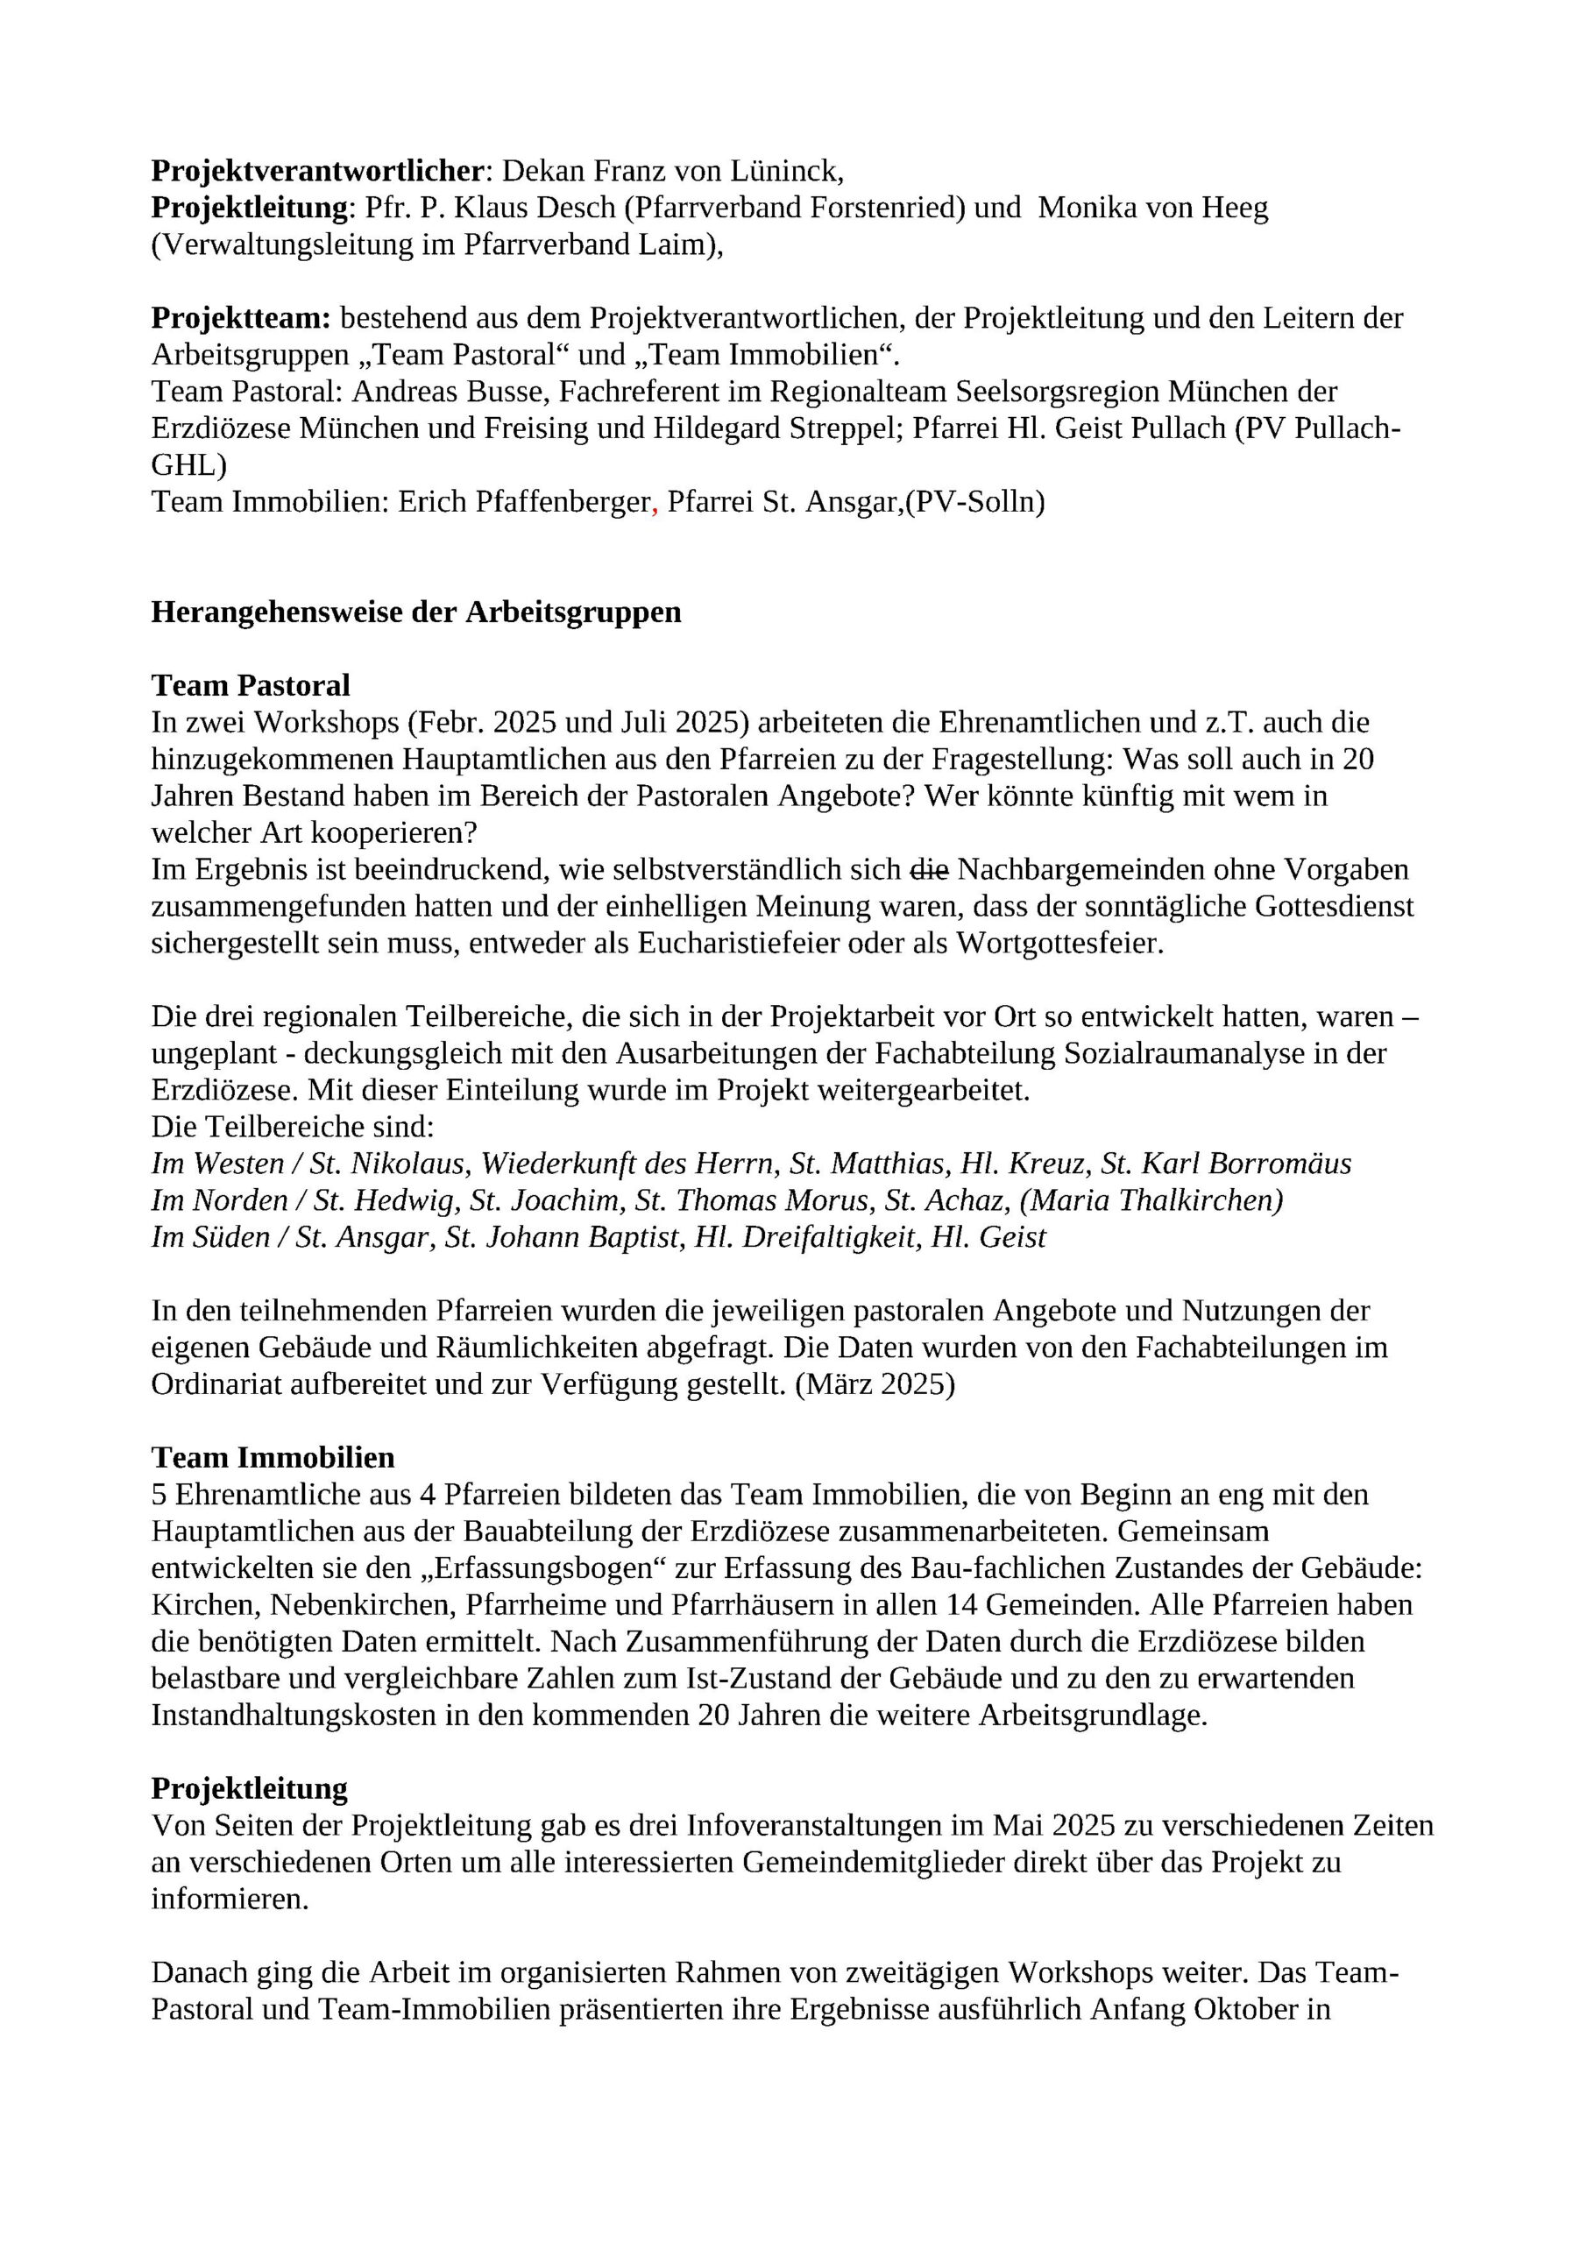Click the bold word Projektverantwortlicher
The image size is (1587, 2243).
pyautogui.click(x=317, y=171)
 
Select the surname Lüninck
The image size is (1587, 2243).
pyautogui.click(x=790, y=171)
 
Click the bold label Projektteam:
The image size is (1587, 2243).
pyautogui.click(x=241, y=317)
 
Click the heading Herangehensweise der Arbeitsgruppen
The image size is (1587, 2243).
pyautogui.click(x=416, y=612)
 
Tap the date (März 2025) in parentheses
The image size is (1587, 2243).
pyautogui.click(x=875, y=1384)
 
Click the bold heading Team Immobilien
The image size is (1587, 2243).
pyautogui.click(x=273, y=1458)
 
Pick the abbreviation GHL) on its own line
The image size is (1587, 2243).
pyautogui.click(x=188, y=465)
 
